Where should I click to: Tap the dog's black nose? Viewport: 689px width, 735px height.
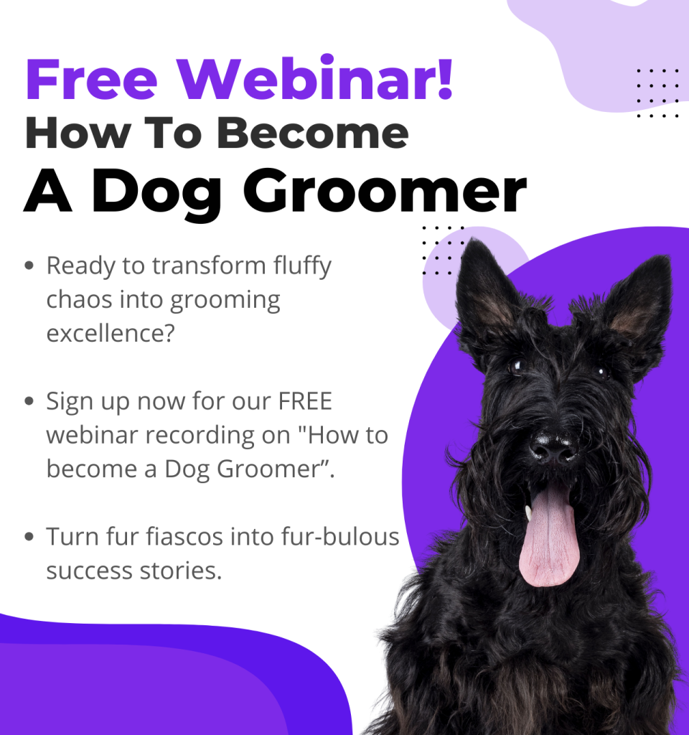click(x=553, y=449)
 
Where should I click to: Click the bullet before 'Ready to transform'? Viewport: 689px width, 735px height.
click(x=29, y=266)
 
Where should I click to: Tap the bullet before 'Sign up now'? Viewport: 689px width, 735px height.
click(x=29, y=401)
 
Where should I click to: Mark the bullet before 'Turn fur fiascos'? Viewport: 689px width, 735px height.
click(x=29, y=536)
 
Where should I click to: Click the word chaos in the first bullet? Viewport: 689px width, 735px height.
click(x=79, y=299)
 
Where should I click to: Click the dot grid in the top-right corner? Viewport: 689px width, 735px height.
click(x=657, y=93)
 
